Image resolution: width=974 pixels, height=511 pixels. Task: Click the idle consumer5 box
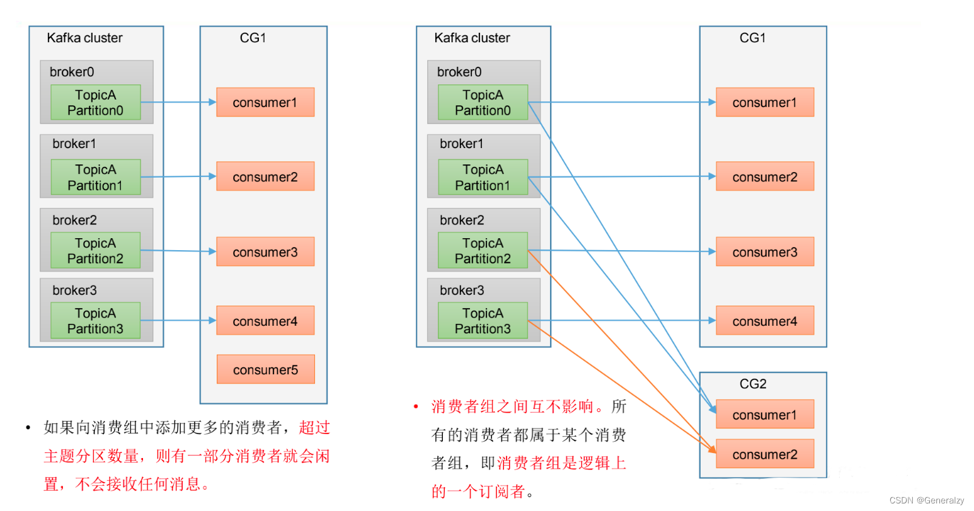click(265, 369)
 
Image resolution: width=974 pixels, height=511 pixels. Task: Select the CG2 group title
click(753, 384)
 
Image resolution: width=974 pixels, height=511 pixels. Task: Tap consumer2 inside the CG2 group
click(765, 454)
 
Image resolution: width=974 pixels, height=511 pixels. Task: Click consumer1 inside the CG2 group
click(765, 415)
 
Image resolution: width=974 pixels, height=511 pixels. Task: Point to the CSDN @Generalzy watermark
click(926, 500)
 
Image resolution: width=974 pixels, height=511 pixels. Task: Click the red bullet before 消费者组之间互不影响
click(416, 407)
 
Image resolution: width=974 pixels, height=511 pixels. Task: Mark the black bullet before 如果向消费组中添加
click(28, 428)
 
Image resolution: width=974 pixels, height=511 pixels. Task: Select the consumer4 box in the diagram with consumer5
click(265, 321)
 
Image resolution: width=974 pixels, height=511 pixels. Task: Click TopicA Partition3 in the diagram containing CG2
click(483, 321)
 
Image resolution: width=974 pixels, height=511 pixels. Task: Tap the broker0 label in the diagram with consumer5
click(72, 72)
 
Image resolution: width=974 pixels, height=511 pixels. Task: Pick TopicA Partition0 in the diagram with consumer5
click(96, 102)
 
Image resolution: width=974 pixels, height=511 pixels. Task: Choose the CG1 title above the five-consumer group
click(253, 38)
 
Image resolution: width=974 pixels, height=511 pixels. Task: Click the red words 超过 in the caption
click(314, 428)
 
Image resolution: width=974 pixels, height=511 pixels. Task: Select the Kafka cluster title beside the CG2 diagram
click(472, 38)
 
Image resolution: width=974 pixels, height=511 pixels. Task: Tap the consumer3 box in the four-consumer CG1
click(765, 252)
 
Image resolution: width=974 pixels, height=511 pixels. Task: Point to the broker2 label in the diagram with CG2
click(462, 220)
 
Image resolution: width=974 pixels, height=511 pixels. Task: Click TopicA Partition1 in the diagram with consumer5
click(96, 177)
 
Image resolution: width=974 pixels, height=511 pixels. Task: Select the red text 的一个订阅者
click(479, 491)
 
